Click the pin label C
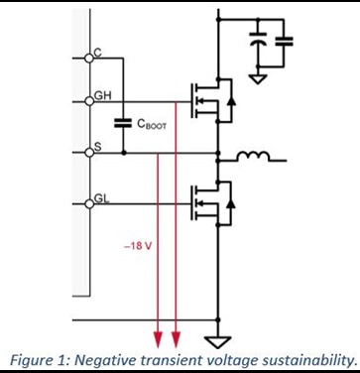click(97, 51)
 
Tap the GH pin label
click(101, 95)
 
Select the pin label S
click(97, 147)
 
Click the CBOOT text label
click(150, 125)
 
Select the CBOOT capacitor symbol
click(124, 124)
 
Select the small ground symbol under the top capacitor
click(256, 76)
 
